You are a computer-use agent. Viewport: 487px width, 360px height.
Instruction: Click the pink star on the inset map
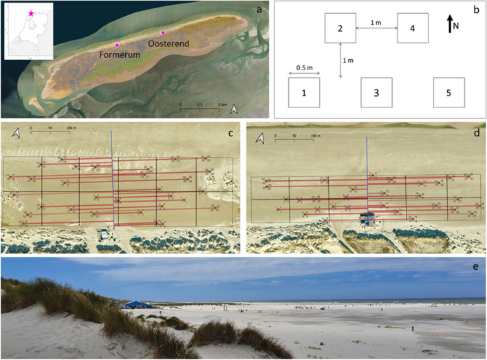pyautogui.click(x=30, y=13)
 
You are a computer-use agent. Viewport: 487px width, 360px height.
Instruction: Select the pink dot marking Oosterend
pyautogui.click(x=163, y=32)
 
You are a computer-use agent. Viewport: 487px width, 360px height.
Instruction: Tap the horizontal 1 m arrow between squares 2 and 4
pyautogui.click(x=376, y=29)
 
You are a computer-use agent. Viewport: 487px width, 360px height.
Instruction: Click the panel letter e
pyautogui.click(x=477, y=264)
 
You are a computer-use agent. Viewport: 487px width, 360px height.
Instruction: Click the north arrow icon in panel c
pyautogui.click(x=15, y=138)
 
